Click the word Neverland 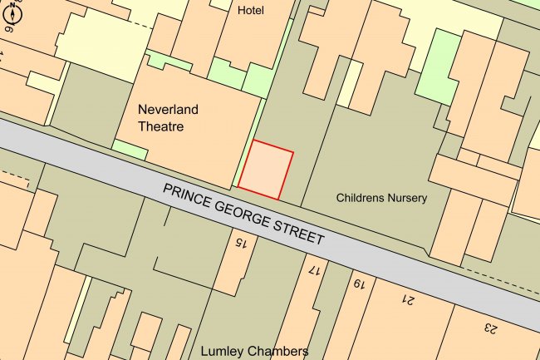tap(169, 109)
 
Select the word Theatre tap(160, 127)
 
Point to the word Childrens tap(362, 198)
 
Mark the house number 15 tap(240, 243)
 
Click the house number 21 tap(408, 298)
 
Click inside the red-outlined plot tap(266, 170)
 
